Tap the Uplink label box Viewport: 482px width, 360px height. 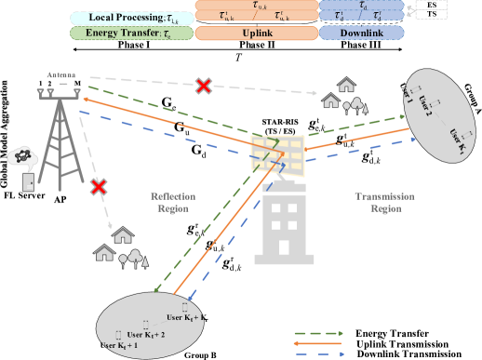255,33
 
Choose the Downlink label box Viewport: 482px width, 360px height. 361,33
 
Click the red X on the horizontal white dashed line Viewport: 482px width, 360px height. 202,86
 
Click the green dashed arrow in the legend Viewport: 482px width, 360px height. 319,332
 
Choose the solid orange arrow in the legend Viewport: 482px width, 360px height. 319,342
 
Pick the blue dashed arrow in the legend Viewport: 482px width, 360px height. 319,353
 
